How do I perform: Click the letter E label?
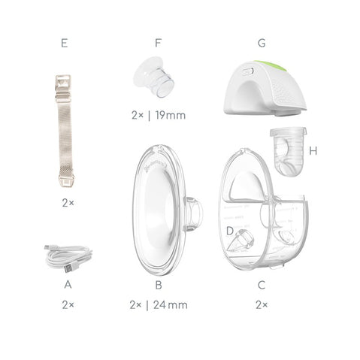[64, 43]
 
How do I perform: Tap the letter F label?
[158, 43]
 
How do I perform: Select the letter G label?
[262, 43]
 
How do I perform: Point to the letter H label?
[313, 151]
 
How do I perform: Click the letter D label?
[230, 231]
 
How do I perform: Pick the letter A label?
[68, 285]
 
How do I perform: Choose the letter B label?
[159, 285]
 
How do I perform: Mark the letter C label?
[262, 285]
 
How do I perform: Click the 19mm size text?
[171, 115]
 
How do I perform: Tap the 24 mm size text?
[171, 305]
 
